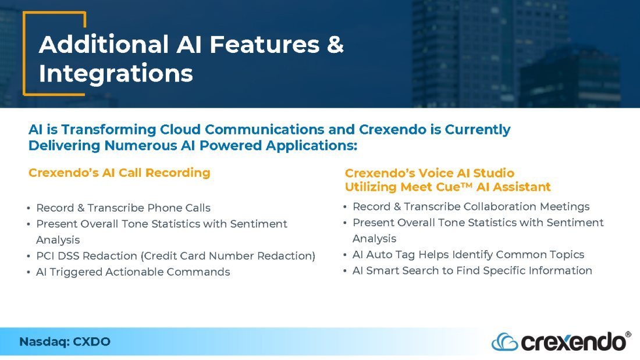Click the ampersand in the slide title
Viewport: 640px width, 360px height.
coord(335,44)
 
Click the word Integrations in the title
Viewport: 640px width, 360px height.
coord(116,74)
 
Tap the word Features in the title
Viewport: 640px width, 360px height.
coord(265,44)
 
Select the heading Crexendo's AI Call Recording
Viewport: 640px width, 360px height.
coord(119,173)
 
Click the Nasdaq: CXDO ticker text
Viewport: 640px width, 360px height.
coord(65,341)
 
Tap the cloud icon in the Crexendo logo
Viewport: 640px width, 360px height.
coord(504,342)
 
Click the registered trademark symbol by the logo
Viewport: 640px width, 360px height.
coord(628,334)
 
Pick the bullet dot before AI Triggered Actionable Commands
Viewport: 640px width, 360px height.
coord(29,272)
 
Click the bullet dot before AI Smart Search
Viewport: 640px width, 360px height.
coord(345,271)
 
